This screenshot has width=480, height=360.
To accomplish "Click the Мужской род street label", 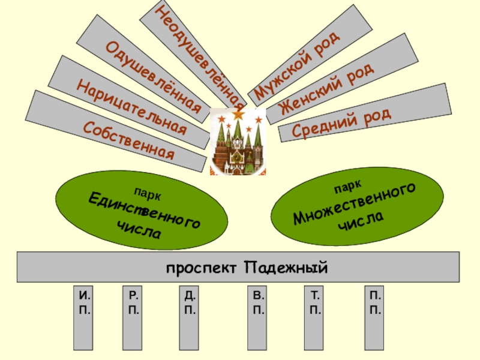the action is pyautogui.click(x=296, y=65).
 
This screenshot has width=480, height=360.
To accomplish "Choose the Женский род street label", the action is pyautogui.click(x=327, y=91).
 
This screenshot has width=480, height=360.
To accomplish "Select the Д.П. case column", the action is pyautogui.click(x=190, y=318).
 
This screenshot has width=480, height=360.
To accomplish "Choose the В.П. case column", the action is pyautogui.click(x=258, y=318).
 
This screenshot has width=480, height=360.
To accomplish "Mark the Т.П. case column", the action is pyautogui.click(x=316, y=318).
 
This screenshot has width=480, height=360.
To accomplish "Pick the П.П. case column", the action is pyautogui.click(x=376, y=318).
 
